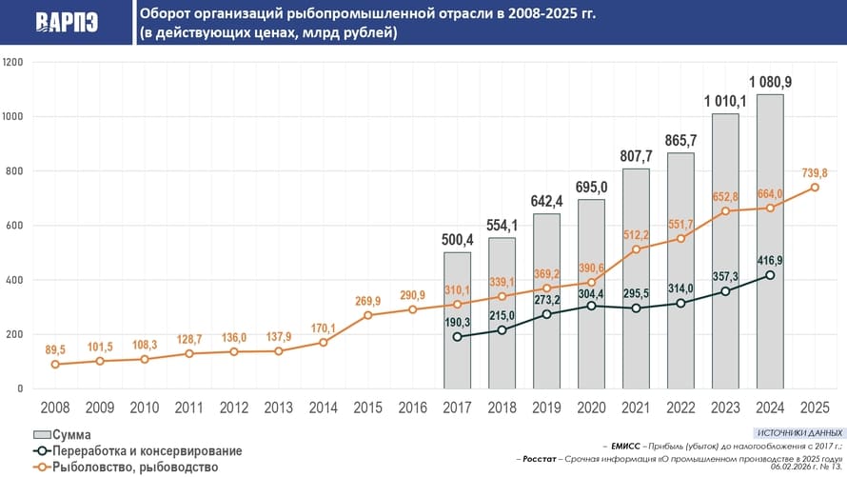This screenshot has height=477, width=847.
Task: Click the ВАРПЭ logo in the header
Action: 67,23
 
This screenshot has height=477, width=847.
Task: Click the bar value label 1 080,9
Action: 770,82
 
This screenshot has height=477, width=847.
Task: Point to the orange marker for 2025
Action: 815,188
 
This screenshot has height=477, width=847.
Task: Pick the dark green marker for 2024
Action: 770,275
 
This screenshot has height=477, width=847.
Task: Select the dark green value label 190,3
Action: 458,322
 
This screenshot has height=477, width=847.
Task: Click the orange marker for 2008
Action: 55,365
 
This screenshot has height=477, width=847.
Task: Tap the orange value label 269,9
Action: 367,301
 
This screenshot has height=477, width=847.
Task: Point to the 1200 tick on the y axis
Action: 13,63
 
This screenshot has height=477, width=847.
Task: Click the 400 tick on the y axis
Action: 15,280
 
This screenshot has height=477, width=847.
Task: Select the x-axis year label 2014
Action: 323,407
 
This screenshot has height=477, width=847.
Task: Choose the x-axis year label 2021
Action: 636,407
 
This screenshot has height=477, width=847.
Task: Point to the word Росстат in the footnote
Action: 541,458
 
